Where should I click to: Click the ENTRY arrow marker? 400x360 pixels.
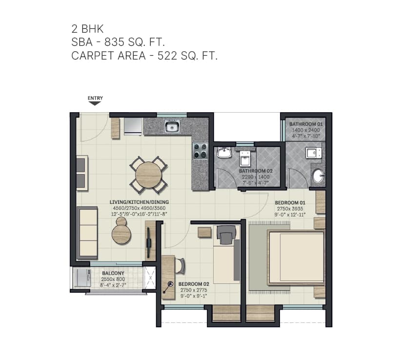tap(95, 103)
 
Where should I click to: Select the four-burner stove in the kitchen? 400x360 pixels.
tap(200, 150)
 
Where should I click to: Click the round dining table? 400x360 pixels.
tap(148, 175)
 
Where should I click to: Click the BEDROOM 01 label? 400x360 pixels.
tap(290, 202)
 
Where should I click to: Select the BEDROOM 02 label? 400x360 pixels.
tap(194, 283)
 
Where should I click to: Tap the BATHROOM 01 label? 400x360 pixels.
tap(306, 124)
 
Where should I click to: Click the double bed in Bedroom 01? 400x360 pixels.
tap(295, 258)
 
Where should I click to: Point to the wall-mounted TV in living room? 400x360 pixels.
tap(148, 241)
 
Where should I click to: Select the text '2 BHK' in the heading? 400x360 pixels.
tap(87, 28)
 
